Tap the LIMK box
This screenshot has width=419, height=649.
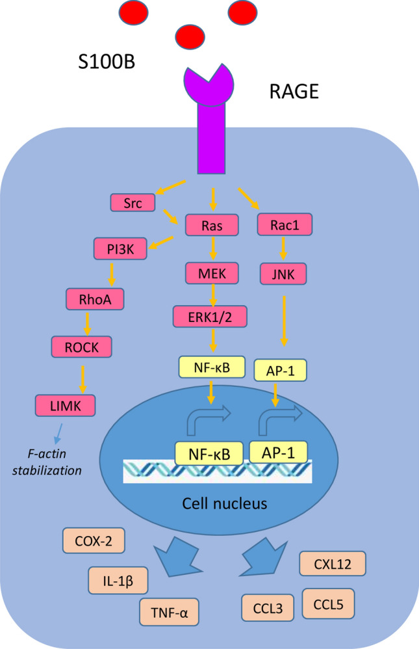pyautogui.click(x=65, y=406)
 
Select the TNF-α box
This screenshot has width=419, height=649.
pyautogui.click(x=169, y=611)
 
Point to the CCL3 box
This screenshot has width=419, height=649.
pyautogui.click(x=268, y=607)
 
